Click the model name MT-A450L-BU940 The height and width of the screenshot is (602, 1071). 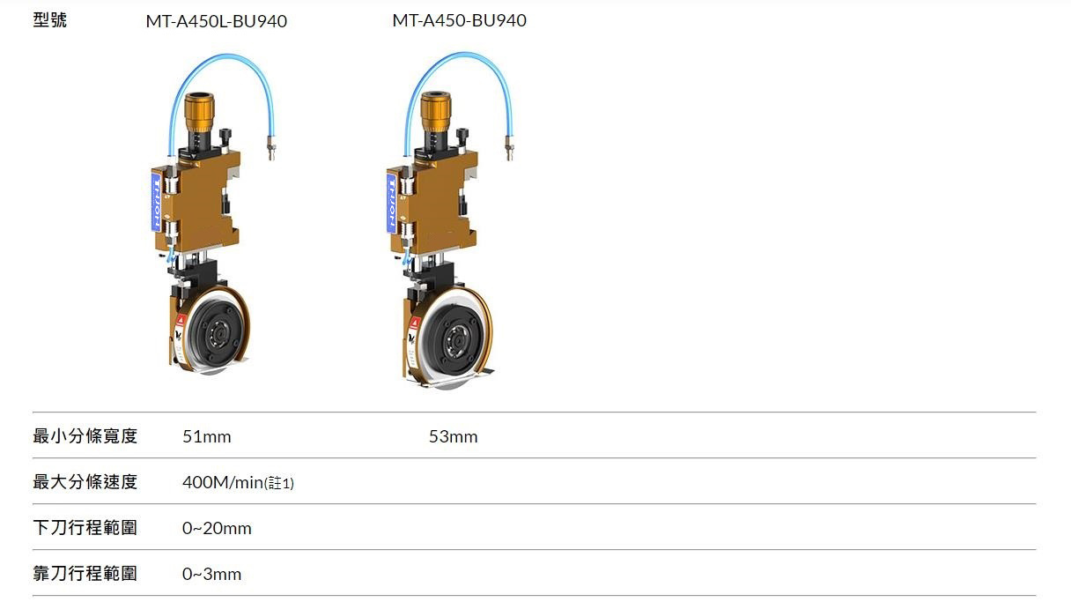coord(216,21)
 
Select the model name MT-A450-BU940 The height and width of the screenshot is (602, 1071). coord(459,20)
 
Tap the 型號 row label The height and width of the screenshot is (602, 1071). coord(49,20)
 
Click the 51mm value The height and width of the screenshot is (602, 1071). coord(207,436)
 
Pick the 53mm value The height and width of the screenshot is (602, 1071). coord(453,436)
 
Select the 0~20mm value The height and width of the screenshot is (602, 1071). coord(217,528)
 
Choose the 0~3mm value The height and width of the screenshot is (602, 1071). coord(211,574)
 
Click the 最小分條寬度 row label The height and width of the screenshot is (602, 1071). coord(85,436)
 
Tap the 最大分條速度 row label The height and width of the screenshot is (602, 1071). coord(85,482)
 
